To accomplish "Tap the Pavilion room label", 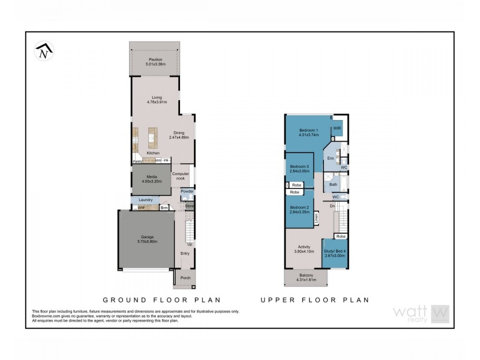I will click(x=155, y=60).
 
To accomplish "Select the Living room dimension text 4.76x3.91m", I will click(x=157, y=102).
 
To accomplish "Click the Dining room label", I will click(x=179, y=133).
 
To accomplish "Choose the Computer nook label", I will click(x=181, y=176).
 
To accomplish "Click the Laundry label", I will click(x=146, y=200).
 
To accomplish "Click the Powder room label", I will click(x=187, y=191).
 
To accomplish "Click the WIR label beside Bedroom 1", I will click(x=337, y=128).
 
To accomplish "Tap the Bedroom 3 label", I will click(x=299, y=166).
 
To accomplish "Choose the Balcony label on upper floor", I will click(x=305, y=275).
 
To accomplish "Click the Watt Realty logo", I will click(x=421, y=313).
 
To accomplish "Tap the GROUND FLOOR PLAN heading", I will click(x=162, y=299).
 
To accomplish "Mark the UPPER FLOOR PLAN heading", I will click(x=315, y=299).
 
